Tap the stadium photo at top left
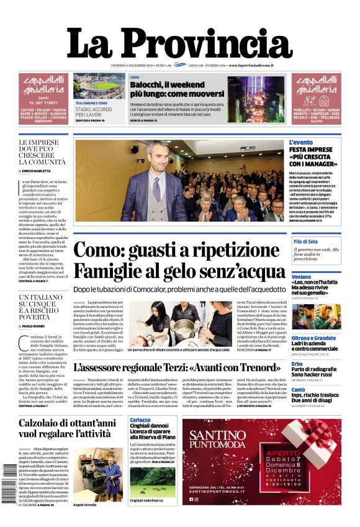pyautogui.click(x=99, y=86)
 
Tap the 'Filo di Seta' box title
pyautogui.click(x=305, y=241)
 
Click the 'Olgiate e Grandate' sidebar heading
pyautogui.click(x=314, y=338)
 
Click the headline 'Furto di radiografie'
pyautogui.click(x=314, y=369)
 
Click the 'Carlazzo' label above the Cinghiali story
pyautogui.click(x=140, y=420)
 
